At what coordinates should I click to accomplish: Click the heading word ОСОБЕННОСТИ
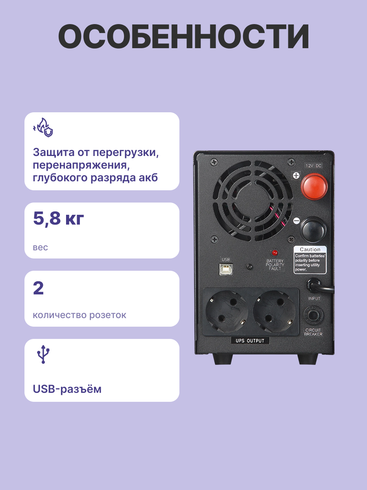click(183, 36)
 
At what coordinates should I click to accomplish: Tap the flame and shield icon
click(43, 127)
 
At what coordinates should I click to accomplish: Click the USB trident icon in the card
click(43, 354)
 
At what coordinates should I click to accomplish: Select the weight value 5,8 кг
click(58, 218)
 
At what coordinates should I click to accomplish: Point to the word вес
click(40, 247)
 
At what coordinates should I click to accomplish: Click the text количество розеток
click(80, 315)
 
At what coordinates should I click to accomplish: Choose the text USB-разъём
click(67, 389)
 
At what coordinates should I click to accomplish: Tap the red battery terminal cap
click(314, 186)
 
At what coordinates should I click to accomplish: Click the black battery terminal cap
click(313, 230)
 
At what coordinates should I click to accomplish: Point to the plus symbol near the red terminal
click(296, 176)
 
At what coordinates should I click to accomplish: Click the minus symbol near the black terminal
click(296, 221)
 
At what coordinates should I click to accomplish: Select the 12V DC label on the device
click(313, 166)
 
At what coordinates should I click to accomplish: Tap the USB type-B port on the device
click(226, 269)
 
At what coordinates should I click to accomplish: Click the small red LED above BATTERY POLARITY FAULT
click(275, 253)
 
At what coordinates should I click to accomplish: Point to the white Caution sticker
click(310, 260)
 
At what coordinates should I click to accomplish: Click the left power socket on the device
click(227, 312)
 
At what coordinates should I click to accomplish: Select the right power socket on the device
click(274, 312)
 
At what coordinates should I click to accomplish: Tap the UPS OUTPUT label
click(250, 341)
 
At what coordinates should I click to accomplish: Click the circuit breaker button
click(313, 316)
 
